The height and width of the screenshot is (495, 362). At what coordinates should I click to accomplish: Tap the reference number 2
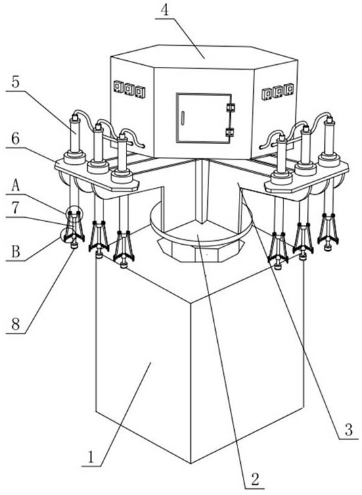click(255, 479)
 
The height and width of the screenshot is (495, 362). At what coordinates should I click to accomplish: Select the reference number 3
click(348, 429)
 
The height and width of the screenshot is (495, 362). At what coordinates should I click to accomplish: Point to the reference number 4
click(164, 9)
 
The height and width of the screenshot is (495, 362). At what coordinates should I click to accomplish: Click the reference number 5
click(16, 82)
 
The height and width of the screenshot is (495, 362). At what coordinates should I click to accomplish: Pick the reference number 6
click(16, 139)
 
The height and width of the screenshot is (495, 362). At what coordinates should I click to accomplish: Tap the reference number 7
click(16, 208)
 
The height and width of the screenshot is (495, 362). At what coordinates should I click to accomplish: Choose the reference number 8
click(16, 324)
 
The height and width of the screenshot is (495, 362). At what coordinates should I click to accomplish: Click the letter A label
click(16, 186)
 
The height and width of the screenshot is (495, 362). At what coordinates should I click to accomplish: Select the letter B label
click(16, 252)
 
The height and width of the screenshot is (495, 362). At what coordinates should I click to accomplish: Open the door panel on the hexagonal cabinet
click(204, 118)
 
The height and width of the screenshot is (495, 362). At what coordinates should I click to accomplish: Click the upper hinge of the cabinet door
click(231, 108)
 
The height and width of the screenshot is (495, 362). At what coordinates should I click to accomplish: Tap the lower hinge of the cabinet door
click(231, 132)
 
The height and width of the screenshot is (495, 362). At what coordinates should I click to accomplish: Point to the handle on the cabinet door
click(182, 118)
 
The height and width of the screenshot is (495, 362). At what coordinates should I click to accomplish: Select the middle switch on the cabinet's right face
click(277, 91)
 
